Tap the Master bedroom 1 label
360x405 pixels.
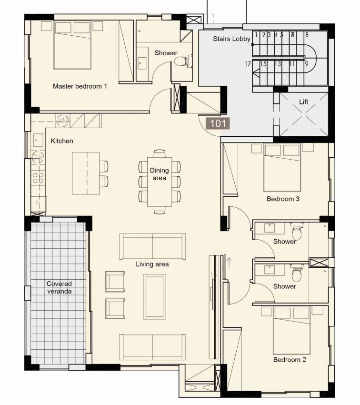click(x=80, y=86)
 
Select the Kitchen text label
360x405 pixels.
click(x=62, y=141)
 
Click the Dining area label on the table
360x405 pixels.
click(x=159, y=174)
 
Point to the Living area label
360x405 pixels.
click(x=152, y=264)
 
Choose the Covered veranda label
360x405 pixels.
click(x=59, y=287)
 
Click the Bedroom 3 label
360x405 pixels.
click(x=283, y=199)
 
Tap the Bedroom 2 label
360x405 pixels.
click(x=290, y=359)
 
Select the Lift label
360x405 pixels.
click(x=304, y=102)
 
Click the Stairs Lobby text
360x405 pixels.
click(x=231, y=39)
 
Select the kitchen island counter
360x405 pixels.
click(x=86, y=173)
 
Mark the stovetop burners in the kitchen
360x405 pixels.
click(x=38, y=178)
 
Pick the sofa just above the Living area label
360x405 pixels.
click(x=152, y=246)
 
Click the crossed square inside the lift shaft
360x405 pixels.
click(x=304, y=114)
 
